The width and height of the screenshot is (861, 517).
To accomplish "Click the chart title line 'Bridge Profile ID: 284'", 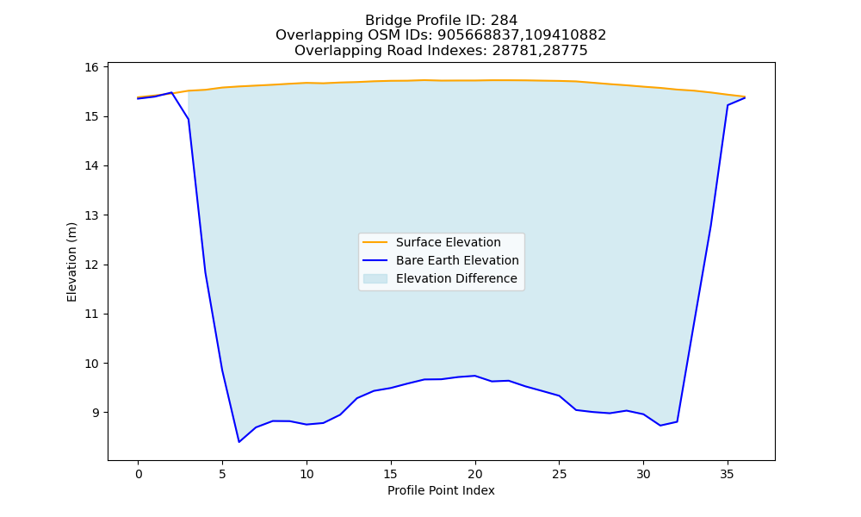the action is click(441, 21).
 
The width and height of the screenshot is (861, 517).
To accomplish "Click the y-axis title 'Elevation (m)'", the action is click(71, 262).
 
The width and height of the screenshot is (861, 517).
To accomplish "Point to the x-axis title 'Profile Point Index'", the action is click(441, 490).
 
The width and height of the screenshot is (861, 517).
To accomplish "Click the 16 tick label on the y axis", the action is click(92, 67).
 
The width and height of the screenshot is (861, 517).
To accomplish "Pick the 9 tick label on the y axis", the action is click(96, 413).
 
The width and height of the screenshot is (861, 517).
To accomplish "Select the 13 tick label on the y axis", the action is click(92, 215).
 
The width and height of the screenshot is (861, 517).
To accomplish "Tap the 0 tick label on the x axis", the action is click(138, 474).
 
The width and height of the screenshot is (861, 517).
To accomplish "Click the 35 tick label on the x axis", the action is click(727, 474).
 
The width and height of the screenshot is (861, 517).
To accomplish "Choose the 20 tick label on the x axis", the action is click(475, 474).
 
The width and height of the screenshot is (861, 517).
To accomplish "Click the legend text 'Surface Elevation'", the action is click(448, 242).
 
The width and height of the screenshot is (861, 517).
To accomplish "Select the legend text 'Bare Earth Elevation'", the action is click(457, 260).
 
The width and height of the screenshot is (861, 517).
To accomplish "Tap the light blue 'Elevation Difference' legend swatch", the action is click(375, 278).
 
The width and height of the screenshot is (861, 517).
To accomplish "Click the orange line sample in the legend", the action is click(375, 242).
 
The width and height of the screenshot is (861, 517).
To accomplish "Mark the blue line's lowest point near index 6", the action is click(238, 442).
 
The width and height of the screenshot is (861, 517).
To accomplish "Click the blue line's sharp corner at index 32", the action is click(677, 421).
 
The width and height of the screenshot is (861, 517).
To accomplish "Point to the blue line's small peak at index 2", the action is click(171, 93).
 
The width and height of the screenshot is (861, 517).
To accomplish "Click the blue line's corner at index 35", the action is click(728, 105).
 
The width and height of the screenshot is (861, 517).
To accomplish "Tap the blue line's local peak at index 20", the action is click(475, 376).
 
